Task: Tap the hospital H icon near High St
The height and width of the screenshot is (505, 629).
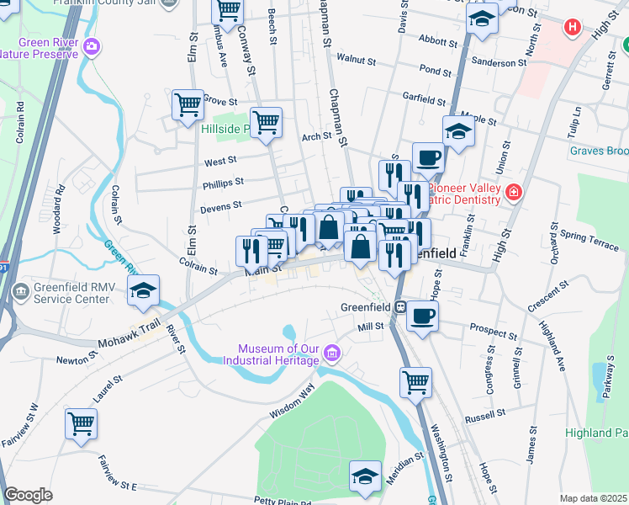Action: click(x=573, y=27)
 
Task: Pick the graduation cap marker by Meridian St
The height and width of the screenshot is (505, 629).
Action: click(x=365, y=476)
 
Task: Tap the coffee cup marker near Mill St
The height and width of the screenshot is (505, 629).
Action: click(x=422, y=316)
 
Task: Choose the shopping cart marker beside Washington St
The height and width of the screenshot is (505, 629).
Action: click(x=415, y=381)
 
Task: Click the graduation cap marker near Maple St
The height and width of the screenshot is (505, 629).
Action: click(x=458, y=131)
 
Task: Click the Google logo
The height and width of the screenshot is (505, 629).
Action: click(x=28, y=495)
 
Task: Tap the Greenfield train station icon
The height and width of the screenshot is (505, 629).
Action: click(x=402, y=306)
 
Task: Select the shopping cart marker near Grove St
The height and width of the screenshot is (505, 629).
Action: click(x=188, y=104)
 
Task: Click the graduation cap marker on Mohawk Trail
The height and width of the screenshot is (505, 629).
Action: click(x=143, y=290)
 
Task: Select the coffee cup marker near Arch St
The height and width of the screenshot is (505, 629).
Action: click(x=428, y=157)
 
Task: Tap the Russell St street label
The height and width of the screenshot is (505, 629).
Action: click(x=484, y=417)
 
